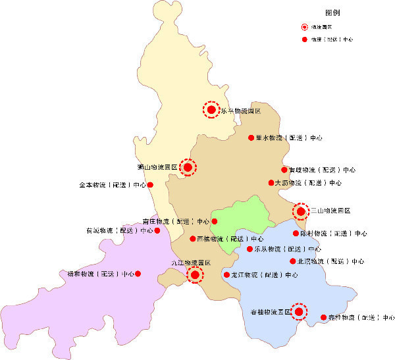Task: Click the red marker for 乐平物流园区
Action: coord(211,109)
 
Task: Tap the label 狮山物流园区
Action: coord(157,168)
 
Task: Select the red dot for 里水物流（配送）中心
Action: coord(251,138)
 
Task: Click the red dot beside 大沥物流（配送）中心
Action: coord(271,182)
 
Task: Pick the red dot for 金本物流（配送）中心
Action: coord(150,185)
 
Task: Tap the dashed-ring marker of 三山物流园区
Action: coord(301,211)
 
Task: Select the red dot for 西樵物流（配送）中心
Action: coord(192,239)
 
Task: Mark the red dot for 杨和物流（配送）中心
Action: coord(138,273)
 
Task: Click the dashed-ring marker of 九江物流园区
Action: coord(195,274)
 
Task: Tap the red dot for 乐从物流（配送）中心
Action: coord(250,249)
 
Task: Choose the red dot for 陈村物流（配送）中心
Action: coord(296,233)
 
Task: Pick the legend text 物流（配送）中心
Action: coord(332,40)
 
